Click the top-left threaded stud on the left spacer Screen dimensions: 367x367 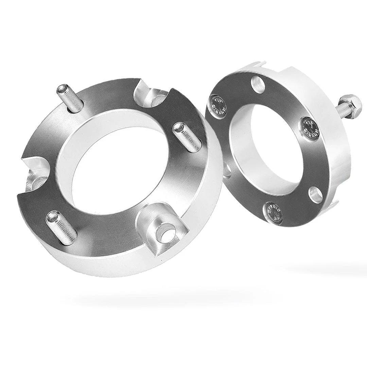pos(70,99)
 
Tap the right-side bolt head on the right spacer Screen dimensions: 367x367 pos(310,128)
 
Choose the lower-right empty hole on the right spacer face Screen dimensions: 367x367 pos(316,195)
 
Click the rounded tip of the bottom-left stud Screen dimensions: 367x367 pos(53,216)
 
